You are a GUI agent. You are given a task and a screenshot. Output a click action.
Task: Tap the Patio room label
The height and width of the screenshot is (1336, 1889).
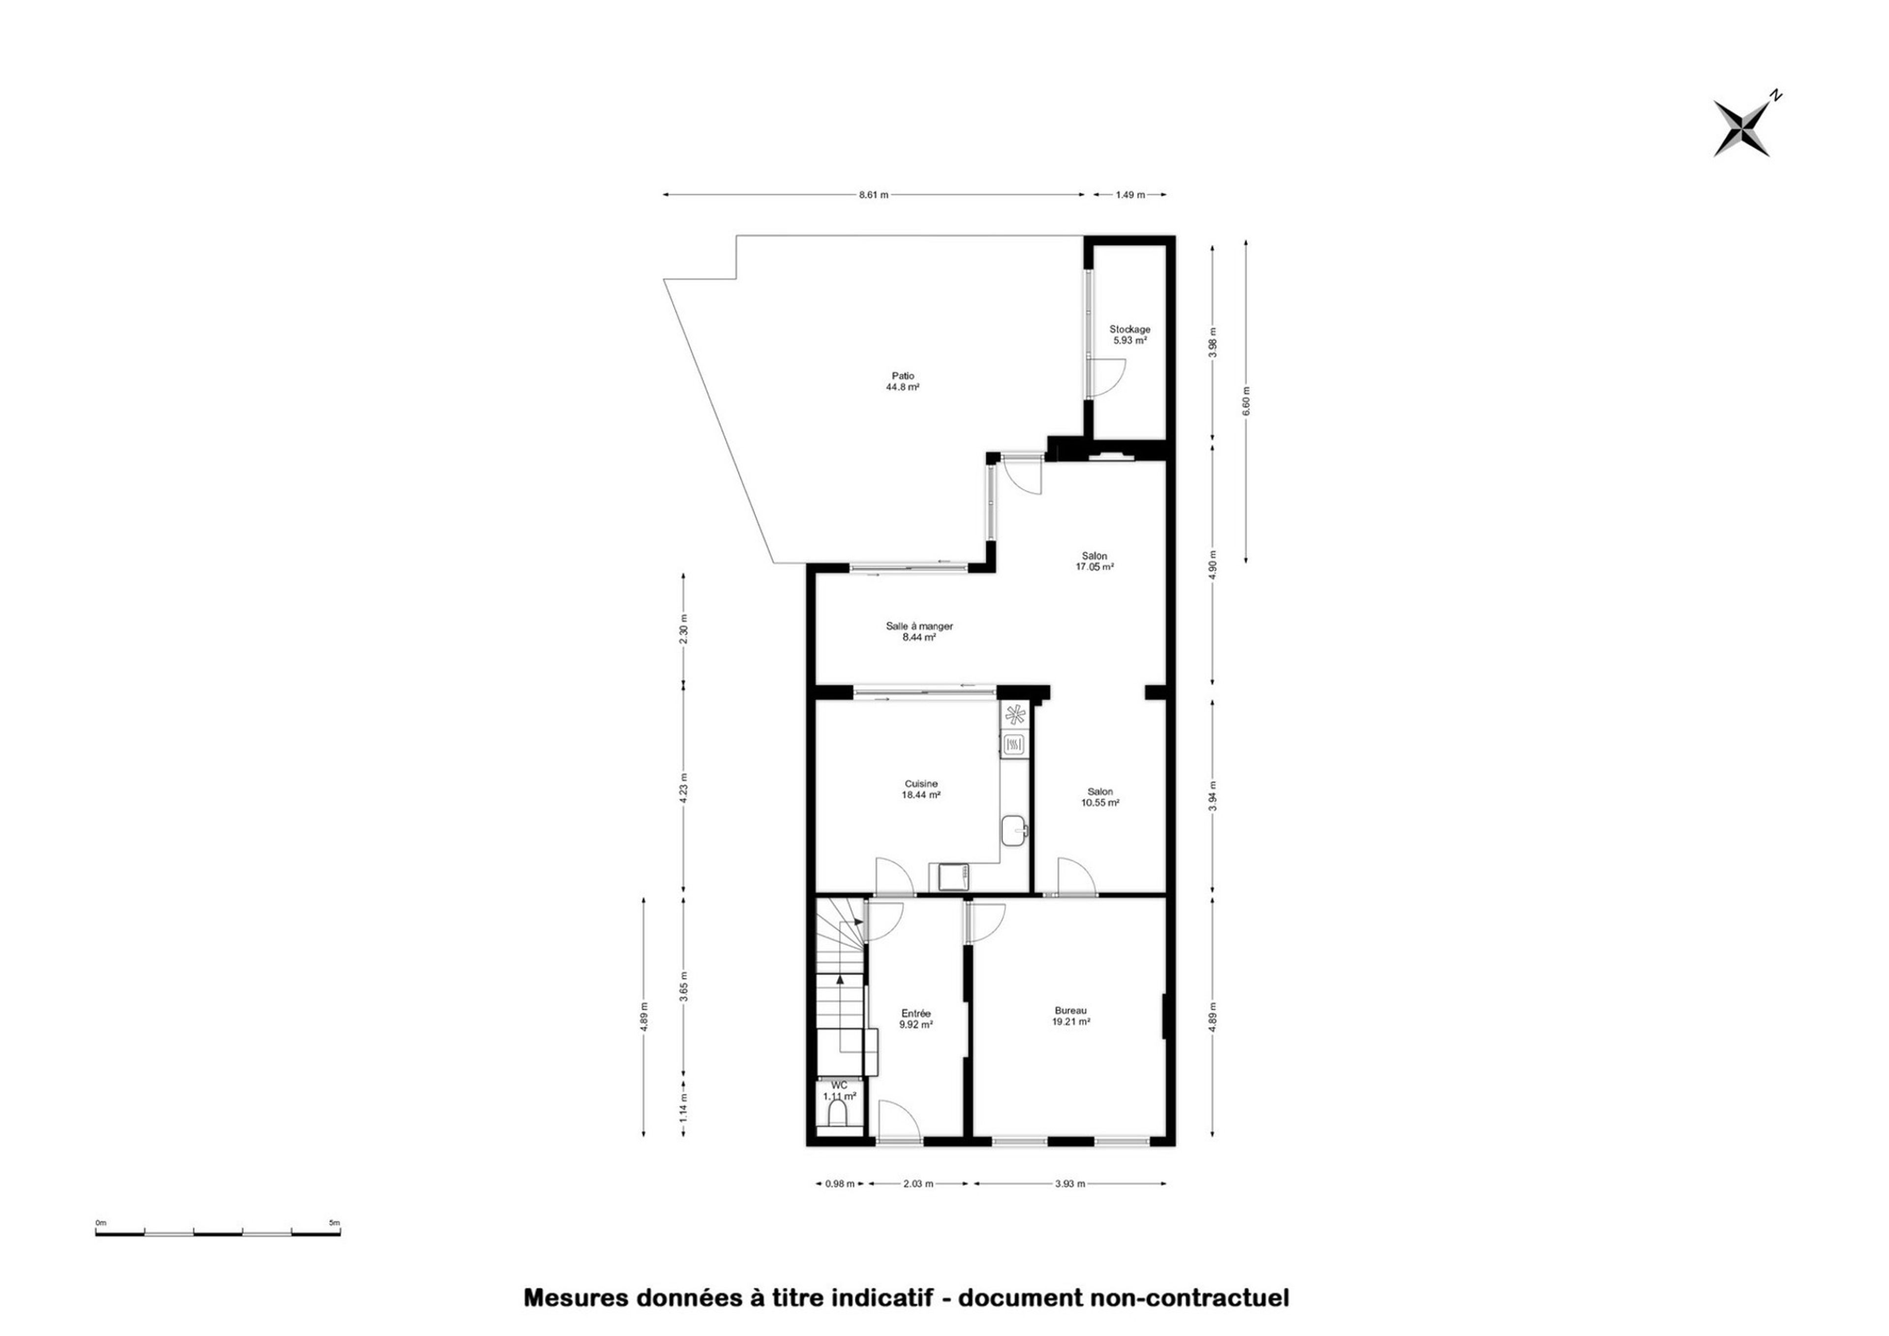[902, 381]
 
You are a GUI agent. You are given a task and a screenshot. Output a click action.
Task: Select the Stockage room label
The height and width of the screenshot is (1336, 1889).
[1129, 334]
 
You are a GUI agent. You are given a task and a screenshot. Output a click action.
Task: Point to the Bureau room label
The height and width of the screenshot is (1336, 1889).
[1071, 1016]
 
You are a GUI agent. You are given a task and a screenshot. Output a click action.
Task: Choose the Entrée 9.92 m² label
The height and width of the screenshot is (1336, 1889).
[915, 1018]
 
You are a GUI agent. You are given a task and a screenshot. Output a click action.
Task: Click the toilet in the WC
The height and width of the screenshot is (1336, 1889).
[838, 1115]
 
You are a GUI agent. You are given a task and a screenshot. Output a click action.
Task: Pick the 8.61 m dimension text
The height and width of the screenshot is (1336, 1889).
[873, 195]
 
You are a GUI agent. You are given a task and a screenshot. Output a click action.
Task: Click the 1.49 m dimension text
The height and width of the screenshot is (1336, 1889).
[1129, 195]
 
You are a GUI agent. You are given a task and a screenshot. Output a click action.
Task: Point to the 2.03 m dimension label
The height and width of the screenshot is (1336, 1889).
[918, 1184]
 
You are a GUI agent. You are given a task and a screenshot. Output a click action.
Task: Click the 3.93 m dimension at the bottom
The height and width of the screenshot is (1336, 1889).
[1070, 1184]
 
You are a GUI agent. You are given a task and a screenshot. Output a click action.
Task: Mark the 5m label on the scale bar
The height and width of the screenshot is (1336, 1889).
[334, 1223]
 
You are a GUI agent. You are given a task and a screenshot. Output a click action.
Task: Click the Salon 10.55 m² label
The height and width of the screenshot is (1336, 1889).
[1099, 797]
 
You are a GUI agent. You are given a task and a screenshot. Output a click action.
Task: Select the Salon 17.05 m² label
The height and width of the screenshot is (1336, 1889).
[1095, 561]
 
